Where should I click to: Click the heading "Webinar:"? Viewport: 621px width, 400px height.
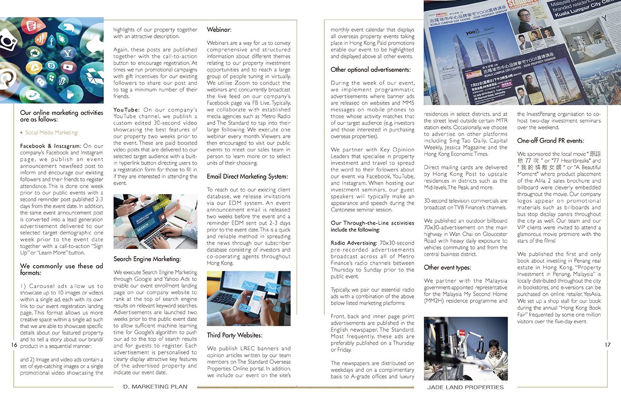coord(219,30)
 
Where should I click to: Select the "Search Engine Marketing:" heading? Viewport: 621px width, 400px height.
coord(147,259)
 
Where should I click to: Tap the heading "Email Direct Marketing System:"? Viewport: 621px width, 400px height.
coord(247,177)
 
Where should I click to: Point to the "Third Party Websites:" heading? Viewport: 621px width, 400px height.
coord(234,335)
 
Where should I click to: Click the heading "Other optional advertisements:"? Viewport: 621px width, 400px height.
coord(371,70)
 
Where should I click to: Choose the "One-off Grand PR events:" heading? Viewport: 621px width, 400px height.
coord(551,141)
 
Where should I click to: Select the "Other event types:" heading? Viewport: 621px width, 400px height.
coord(447,268)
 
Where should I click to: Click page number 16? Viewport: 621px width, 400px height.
coord(13,345)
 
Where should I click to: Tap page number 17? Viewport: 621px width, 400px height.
coord(607,345)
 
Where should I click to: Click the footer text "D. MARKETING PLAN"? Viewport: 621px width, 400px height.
coord(155,387)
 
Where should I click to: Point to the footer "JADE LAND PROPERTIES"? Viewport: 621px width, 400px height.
coord(465,387)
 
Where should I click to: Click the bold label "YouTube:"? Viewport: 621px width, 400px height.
coord(126,110)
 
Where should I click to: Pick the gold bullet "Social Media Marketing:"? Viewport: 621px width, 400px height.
coord(51,133)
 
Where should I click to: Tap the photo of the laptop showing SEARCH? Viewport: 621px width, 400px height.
coord(155,221)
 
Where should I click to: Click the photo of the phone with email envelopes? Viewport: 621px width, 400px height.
coord(249,298)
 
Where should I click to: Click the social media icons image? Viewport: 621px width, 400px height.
coord(51,60)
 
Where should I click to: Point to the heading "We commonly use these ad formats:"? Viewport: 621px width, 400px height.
coord(61,270)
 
